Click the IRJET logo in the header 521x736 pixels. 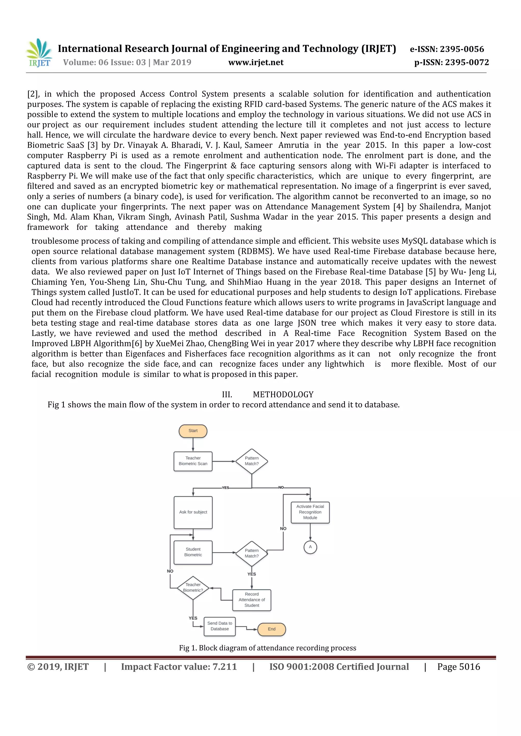coord(39,53)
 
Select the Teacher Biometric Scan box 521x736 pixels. coord(193,461)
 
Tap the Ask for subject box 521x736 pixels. coord(193,512)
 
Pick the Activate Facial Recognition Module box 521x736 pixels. coord(310,512)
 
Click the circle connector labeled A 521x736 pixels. coord(310,547)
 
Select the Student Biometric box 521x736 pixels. coord(193,552)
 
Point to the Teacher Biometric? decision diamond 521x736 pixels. coord(193,588)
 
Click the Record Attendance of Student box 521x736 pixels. coord(252,600)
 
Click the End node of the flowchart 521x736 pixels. coord(271,629)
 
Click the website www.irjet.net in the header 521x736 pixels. coord(256,63)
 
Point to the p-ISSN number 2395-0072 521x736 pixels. coord(467,63)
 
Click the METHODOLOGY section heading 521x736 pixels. coord(283,395)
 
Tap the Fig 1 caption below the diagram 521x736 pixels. coord(268,648)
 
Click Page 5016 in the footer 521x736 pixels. coord(458,667)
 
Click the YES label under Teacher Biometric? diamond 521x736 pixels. coord(193,618)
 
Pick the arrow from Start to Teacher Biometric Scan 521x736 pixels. coord(193,445)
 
